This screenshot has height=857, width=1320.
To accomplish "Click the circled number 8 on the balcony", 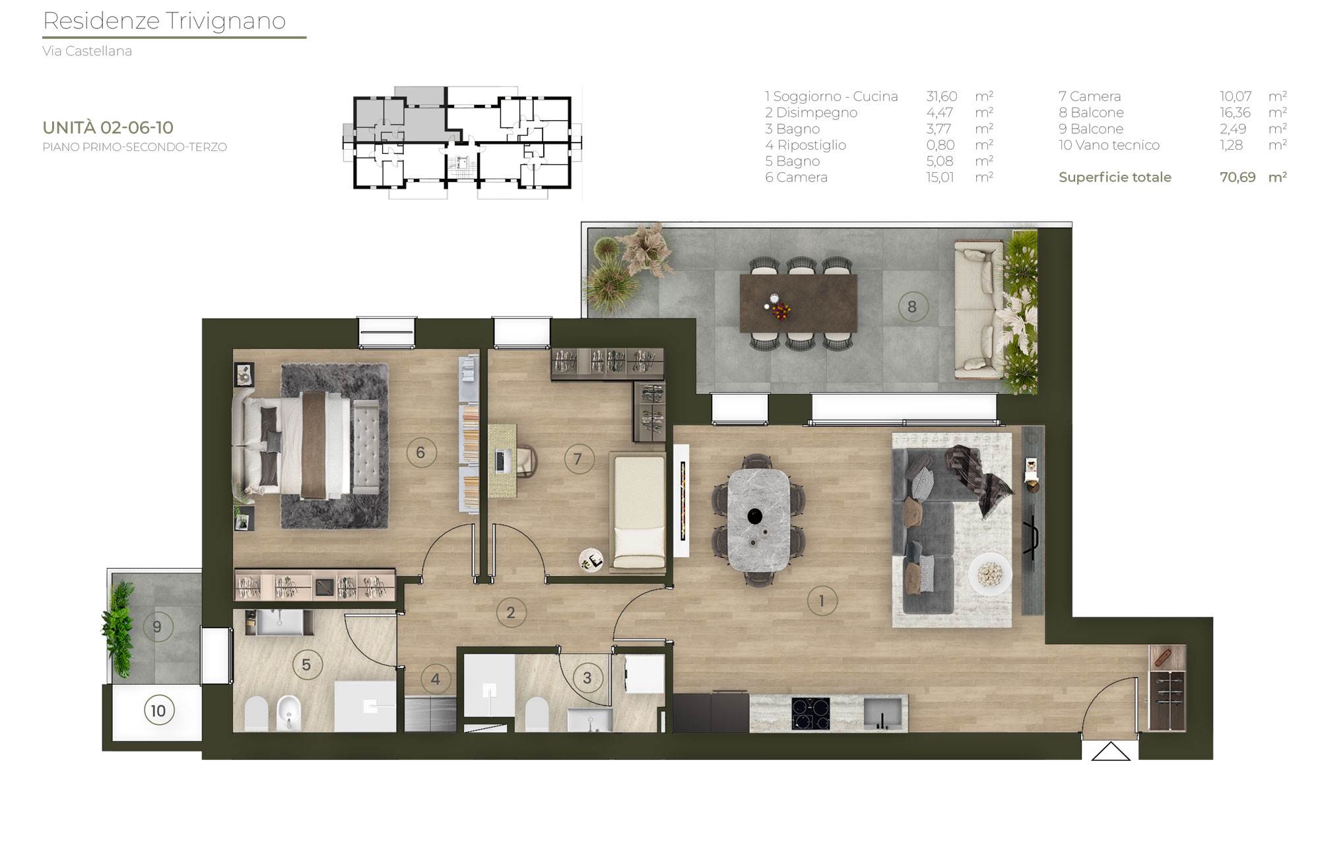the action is [912, 307].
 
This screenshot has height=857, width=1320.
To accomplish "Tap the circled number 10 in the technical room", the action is [158, 711].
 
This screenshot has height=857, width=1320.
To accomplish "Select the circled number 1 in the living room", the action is [822, 601].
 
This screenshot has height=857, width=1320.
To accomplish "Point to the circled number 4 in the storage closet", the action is [436, 679].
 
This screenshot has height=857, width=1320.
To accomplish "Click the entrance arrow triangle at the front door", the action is [1111, 751].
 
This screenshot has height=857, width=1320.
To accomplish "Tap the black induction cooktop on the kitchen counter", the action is [811, 714].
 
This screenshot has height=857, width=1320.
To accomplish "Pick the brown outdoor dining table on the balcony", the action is [799, 303].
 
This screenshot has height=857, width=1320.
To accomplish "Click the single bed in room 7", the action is [639, 512].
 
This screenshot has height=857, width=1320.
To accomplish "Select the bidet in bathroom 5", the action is [288, 713].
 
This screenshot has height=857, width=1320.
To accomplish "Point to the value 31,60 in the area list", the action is [941, 96].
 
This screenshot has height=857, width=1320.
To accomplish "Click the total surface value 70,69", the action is [1237, 177].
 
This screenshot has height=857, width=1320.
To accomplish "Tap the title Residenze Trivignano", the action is [164, 21].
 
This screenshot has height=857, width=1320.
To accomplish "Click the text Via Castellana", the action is [87, 51].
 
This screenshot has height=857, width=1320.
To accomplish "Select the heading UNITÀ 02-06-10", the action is [108, 127].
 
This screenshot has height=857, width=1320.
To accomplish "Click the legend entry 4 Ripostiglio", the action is [805, 145].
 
